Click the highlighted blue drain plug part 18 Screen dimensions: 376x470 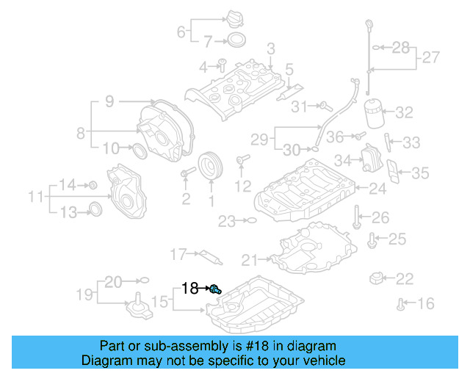(215, 289)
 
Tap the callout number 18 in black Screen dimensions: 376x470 (189, 289)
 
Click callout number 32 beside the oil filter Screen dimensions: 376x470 (405, 112)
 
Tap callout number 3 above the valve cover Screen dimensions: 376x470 (270, 49)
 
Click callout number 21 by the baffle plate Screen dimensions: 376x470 (250, 259)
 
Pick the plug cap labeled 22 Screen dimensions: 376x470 (378, 278)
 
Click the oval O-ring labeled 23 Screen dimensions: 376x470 (250, 220)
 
